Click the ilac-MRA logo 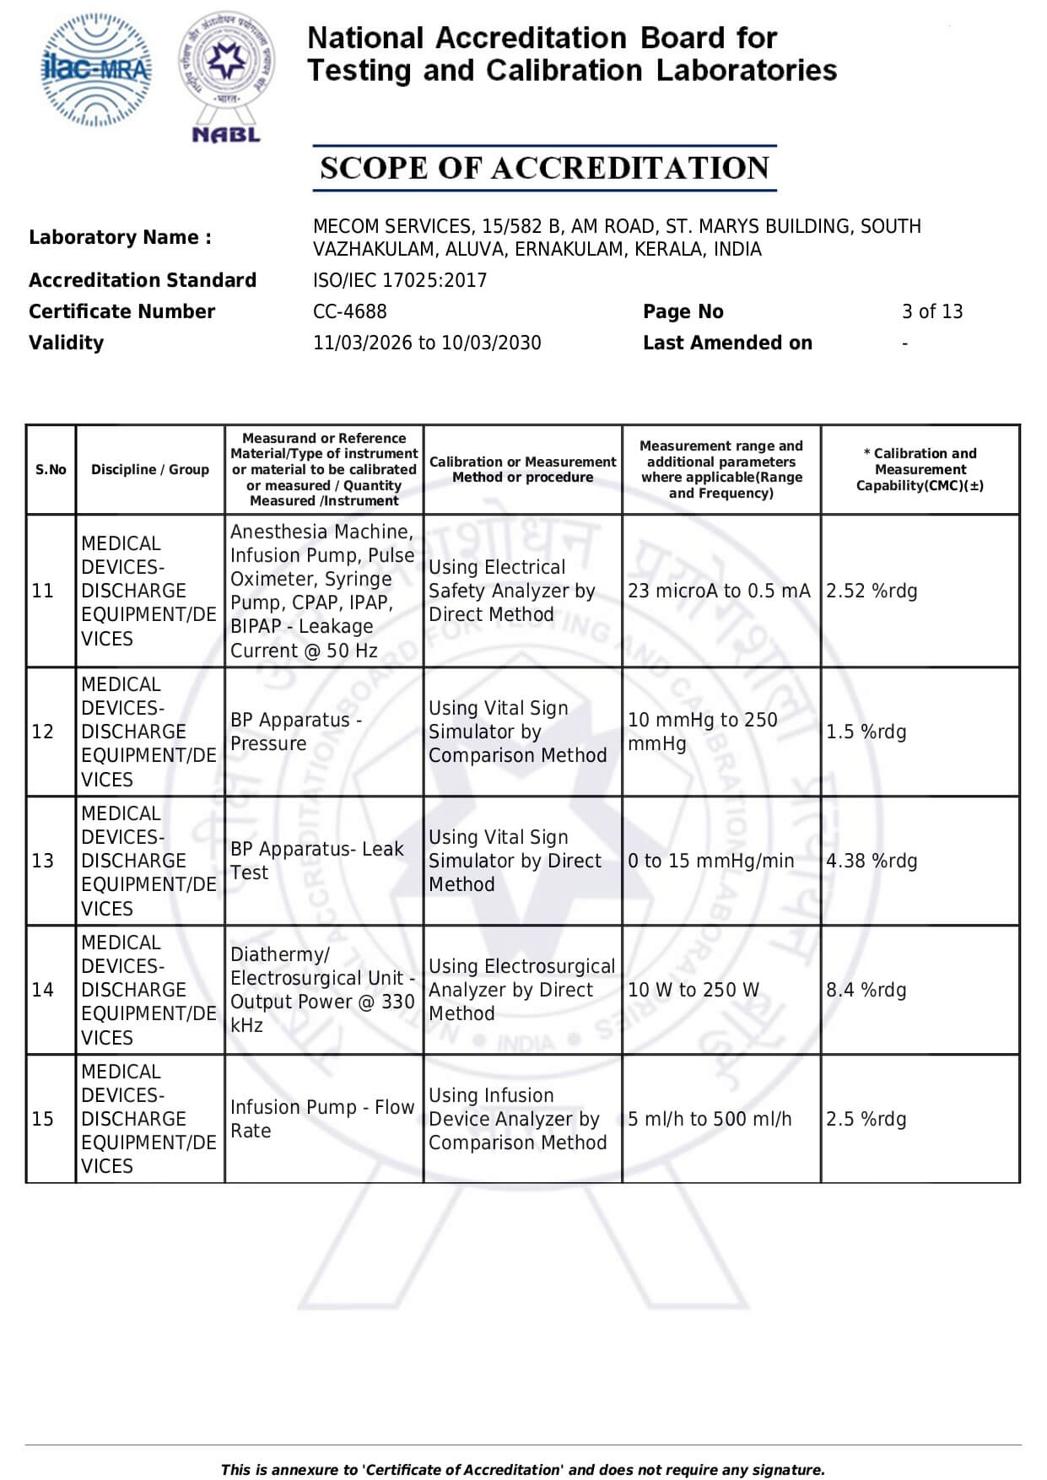(x=96, y=70)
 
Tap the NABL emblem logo (x=226, y=76)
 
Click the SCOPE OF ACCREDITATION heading (x=544, y=168)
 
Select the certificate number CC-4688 (x=349, y=311)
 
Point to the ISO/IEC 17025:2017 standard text (x=399, y=280)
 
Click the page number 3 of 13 (x=931, y=311)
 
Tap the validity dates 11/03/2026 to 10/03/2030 (x=426, y=343)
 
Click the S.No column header (x=51, y=469)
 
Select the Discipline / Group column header (x=150, y=469)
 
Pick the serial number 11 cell (x=43, y=591)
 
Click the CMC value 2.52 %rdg (x=871, y=591)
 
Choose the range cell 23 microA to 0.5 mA (x=718, y=591)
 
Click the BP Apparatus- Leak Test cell (x=316, y=861)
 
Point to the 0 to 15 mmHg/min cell (x=710, y=861)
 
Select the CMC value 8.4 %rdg (x=866, y=990)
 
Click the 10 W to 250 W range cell (x=693, y=990)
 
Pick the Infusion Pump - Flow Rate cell (x=321, y=1119)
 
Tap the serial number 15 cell (x=43, y=1119)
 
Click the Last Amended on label (x=727, y=343)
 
